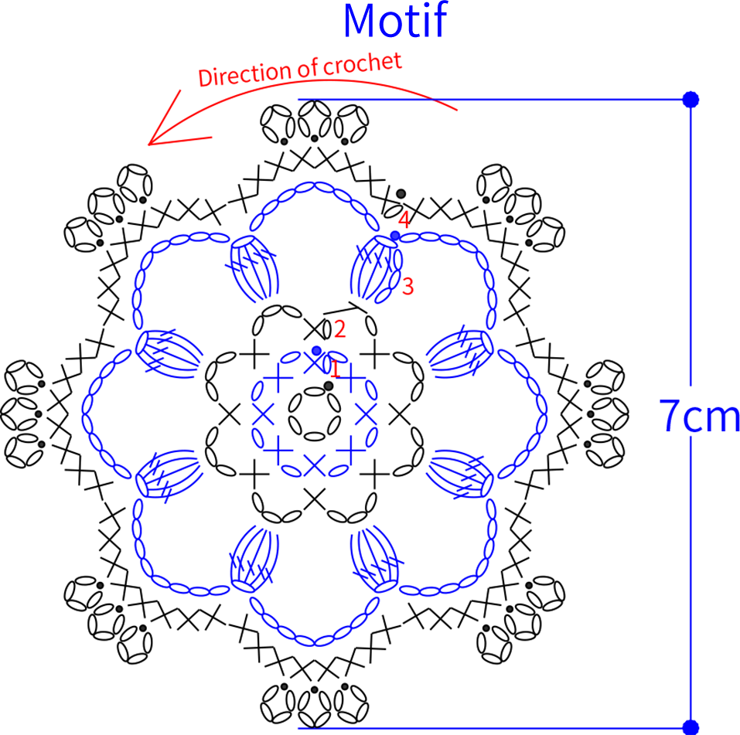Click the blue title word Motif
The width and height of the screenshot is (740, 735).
tap(395, 20)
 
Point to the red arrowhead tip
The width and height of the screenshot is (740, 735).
tap(148, 145)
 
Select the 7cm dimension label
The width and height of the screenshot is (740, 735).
tap(698, 415)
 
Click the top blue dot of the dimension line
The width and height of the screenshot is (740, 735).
tap(691, 100)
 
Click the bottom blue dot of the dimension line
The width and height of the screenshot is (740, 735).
tap(691, 727)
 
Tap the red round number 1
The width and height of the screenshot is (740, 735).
tap(335, 369)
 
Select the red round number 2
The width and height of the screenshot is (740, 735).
tap(339, 329)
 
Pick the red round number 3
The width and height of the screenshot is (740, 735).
tap(408, 286)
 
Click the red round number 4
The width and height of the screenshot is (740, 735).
tap(404, 219)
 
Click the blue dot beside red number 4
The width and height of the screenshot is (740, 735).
tap(395, 236)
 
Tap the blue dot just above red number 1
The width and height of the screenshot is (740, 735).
tap(316, 351)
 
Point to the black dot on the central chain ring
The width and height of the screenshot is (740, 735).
tap(329, 386)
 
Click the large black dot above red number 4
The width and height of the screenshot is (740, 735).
tap(401, 193)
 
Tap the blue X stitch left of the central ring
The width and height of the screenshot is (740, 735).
tap(263, 415)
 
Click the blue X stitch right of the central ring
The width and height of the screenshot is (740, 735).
tap(366, 415)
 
